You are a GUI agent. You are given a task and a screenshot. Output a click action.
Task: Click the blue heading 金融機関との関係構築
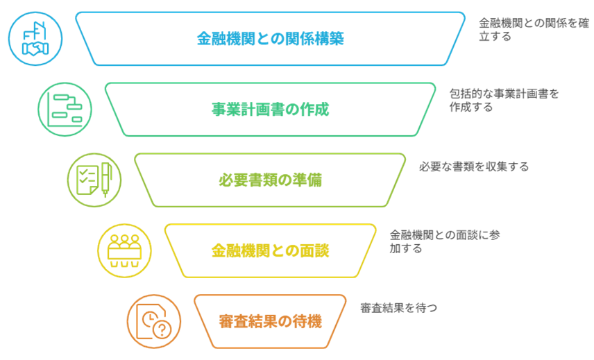[x=270, y=39]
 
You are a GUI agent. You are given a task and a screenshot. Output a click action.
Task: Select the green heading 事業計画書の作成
[x=270, y=110]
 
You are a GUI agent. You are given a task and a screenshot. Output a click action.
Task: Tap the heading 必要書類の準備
[x=270, y=180]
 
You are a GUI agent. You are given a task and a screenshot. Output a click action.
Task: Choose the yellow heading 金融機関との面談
[x=270, y=250]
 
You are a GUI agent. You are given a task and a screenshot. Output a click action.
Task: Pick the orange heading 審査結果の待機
[x=270, y=321]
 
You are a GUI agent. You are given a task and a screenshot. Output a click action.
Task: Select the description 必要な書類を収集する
[x=473, y=166]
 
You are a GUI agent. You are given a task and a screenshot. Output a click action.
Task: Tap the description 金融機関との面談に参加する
[x=445, y=241]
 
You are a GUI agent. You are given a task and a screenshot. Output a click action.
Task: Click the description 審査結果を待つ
[x=398, y=307]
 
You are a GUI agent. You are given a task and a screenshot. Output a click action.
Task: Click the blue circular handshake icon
[x=35, y=39]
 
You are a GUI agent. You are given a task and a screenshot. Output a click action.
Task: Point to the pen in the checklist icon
[x=107, y=178]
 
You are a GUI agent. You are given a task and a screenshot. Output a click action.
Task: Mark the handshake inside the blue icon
[x=35, y=49]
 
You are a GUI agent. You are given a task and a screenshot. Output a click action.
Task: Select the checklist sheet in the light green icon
[x=87, y=180]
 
